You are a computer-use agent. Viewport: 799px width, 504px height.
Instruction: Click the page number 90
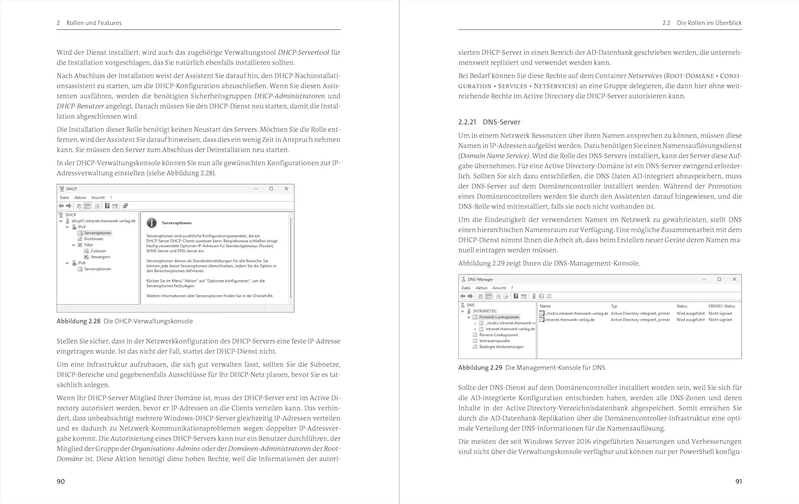click(61, 481)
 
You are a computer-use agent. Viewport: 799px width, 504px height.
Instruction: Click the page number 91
click(738, 481)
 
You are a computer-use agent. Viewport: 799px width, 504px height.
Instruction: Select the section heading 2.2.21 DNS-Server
click(489, 122)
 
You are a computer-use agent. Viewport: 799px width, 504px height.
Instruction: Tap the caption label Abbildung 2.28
click(78, 321)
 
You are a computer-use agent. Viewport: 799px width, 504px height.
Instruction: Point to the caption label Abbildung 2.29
click(480, 368)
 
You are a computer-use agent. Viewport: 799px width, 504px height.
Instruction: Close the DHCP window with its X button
click(287, 189)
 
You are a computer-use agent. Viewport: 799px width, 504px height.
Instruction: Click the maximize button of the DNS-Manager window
click(719, 279)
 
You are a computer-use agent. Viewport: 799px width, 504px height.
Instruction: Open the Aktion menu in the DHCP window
click(80, 198)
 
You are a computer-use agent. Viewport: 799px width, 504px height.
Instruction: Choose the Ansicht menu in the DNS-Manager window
click(499, 288)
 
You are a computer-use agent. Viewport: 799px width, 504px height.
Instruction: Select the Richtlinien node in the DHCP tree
click(93, 239)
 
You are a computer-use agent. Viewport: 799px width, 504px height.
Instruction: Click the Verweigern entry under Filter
click(100, 257)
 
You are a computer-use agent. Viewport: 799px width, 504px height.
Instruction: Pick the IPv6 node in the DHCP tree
click(81, 263)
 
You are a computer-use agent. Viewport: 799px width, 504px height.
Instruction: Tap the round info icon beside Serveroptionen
click(152, 223)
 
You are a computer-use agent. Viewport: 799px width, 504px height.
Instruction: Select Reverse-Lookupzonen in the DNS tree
click(498, 335)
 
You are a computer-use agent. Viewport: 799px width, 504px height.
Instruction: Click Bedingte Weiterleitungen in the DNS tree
click(501, 347)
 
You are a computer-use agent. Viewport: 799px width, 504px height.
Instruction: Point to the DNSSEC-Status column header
click(722, 306)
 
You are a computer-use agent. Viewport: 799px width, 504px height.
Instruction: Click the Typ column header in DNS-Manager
click(614, 306)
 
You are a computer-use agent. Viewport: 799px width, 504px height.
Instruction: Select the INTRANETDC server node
click(484, 311)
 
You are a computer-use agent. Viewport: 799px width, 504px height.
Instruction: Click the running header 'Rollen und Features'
click(94, 23)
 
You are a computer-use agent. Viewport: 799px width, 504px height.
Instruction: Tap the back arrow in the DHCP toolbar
click(61, 206)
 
